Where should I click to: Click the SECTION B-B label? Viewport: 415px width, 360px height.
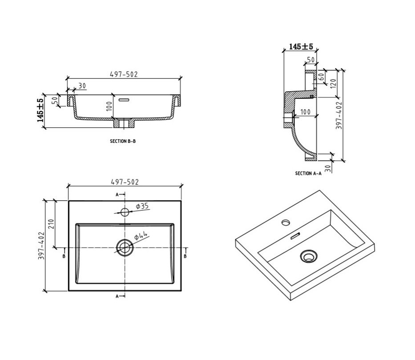coord(122,141)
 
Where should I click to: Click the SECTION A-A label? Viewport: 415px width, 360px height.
coord(308,174)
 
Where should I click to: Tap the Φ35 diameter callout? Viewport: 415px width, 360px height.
coord(142,206)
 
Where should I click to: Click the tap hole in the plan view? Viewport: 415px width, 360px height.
coord(125,212)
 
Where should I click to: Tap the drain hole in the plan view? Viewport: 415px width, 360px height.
coord(125,247)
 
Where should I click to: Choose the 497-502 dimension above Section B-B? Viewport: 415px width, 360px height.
coord(124,74)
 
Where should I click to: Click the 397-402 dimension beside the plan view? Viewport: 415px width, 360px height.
coord(41,246)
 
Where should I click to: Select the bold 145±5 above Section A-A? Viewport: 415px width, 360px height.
coord(301,46)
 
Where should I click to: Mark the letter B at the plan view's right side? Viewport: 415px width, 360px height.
coord(185,255)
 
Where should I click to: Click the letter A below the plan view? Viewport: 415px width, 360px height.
coord(117,296)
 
